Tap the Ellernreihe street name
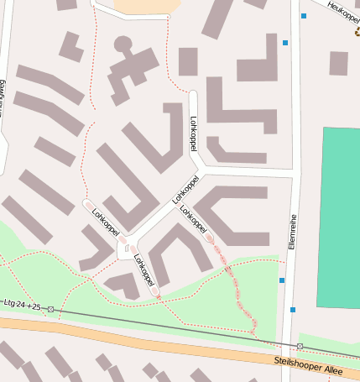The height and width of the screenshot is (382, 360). point(293,231)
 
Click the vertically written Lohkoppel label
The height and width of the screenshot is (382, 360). point(194,133)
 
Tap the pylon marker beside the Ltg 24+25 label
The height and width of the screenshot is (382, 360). point(51,309)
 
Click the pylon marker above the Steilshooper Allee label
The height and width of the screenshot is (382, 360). point(300,346)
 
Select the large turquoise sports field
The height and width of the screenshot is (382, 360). point(339,218)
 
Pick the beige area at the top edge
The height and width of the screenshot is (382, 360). point(147,7)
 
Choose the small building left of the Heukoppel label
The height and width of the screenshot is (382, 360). point(338,63)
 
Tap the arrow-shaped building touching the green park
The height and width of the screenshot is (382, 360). point(124,285)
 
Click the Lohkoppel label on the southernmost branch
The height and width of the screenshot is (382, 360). point(143,270)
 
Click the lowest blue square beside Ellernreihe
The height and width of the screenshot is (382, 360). point(292,310)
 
